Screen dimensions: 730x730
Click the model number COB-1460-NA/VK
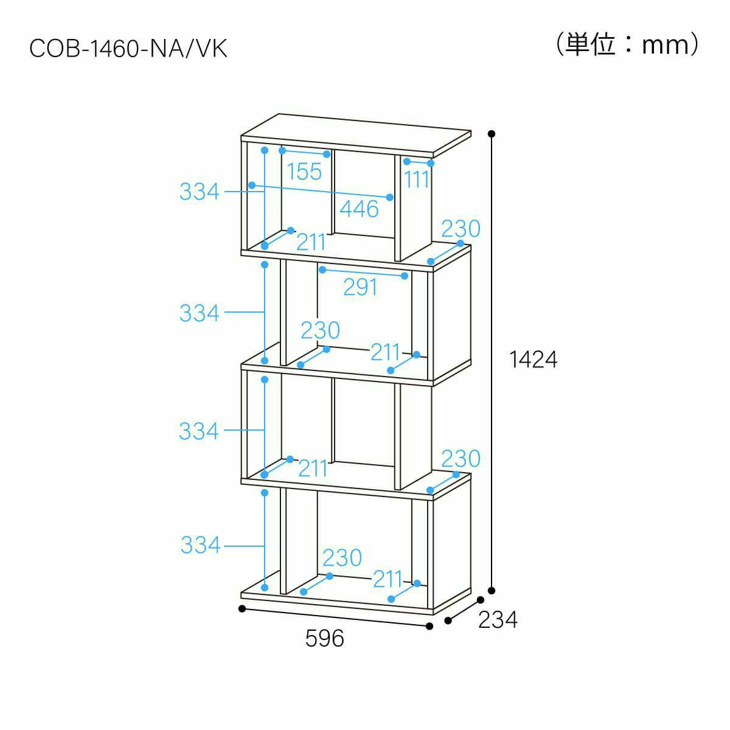[x=128, y=49]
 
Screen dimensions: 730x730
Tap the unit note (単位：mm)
[x=627, y=44]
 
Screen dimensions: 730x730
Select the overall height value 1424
[x=534, y=360]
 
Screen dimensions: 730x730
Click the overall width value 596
[x=325, y=638]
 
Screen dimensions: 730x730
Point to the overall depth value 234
[x=498, y=620]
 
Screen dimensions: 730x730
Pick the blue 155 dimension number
[x=304, y=172]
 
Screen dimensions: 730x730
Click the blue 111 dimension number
[x=416, y=179]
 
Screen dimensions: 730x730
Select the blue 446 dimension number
[x=359, y=209]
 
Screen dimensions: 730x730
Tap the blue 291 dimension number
[x=360, y=287]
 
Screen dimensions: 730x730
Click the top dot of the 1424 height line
[x=492, y=134]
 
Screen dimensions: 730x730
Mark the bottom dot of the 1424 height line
[x=492, y=591]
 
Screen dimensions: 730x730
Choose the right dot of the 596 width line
[x=429, y=626]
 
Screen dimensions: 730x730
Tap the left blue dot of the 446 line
[x=252, y=186]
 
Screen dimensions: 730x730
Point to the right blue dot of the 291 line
[x=405, y=276]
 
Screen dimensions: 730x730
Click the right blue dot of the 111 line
[x=431, y=163]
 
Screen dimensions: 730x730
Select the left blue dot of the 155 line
[x=282, y=150]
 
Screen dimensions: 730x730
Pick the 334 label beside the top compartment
[x=200, y=191]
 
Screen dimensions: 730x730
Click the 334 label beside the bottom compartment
[x=200, y=545]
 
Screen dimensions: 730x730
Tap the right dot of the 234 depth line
[x=481, y=600]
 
